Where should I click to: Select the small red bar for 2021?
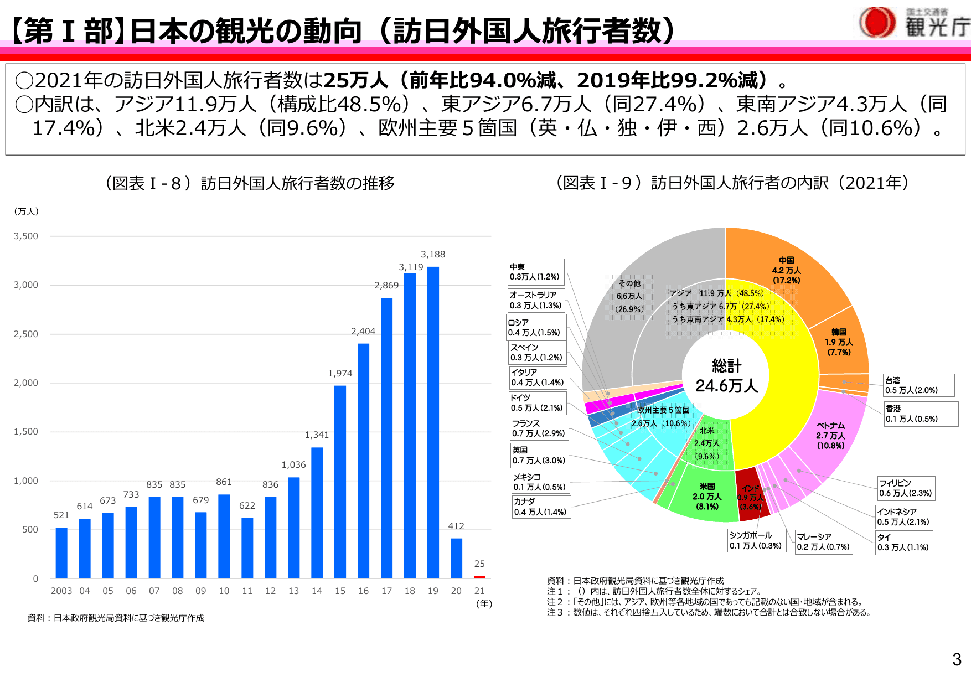(479, 577)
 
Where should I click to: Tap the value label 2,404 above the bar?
(363, 331)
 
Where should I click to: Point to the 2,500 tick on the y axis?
(26, 334)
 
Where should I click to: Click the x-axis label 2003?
(61, 591)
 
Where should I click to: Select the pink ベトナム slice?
(830, 435)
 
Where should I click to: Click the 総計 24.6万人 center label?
(726, 376)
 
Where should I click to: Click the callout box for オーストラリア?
(536, 300)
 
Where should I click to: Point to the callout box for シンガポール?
(756, 540)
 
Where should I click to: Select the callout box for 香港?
(920, 414)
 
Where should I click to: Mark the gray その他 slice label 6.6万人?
(629, 296)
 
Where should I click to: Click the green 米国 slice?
(707, 496)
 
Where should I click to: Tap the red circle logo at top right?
(877, 23)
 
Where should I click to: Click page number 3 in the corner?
(957, 659)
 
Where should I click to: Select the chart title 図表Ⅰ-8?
(250, 183)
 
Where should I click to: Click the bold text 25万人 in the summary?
(356, 81)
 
